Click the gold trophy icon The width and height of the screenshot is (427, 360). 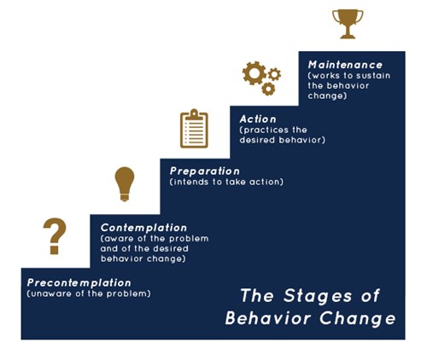(x=348, y=24)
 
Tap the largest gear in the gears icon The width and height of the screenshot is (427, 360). (x=254, y=73)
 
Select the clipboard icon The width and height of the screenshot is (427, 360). (x=194, y=129)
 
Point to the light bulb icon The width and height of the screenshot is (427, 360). (x=125, y=184)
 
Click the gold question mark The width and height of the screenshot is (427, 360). (x=55, y=236)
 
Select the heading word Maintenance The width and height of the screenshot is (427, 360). (x=345, y=65)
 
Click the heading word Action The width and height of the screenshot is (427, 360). (x=258, y=119)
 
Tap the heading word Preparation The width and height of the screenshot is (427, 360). (x=205, y=171)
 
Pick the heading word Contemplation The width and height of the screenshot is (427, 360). (x=143, y=228)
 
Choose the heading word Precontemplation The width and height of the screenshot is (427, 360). (x=79, y=283)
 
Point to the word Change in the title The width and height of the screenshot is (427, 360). (x=358, y=318)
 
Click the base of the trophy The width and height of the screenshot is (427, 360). (x=348, y=36)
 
